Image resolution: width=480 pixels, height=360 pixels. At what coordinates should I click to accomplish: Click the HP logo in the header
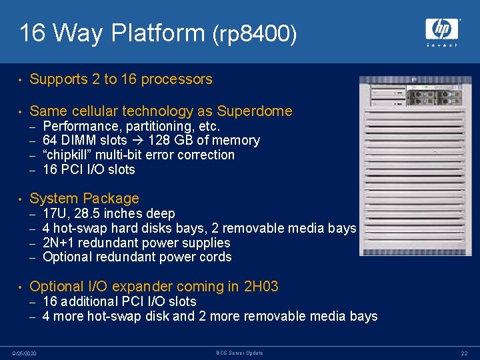[442, 29]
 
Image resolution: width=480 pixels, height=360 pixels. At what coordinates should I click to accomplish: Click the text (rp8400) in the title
[255, 34]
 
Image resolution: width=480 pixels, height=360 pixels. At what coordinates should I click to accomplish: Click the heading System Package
[85, 199]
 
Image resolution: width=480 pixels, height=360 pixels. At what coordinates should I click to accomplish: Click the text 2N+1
[59, 243]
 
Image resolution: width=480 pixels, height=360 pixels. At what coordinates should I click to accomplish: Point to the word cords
[215, 257]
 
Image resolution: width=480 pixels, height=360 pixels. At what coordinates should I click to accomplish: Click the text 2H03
[261, 287]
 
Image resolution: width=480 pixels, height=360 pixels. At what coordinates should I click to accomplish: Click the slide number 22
[463, 353]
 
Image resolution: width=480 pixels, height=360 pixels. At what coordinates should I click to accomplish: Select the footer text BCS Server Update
[240, 353]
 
